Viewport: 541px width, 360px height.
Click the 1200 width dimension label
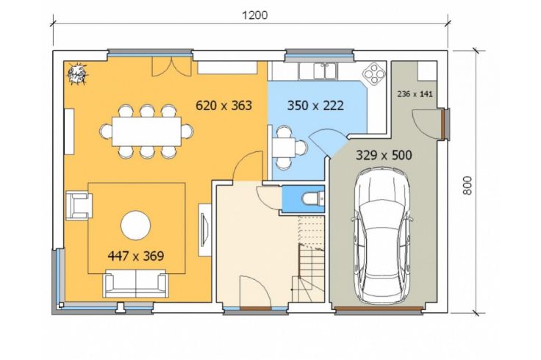pos(254,15)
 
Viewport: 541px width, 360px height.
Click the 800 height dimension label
pos(467,185)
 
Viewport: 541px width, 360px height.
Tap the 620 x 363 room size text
pos(223,105)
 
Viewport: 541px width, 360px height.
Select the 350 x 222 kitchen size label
pos(315,105)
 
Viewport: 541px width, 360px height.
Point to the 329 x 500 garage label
pos(384,155)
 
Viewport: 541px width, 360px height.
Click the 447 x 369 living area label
pos(135,256)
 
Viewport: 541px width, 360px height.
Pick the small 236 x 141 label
pos(415,94)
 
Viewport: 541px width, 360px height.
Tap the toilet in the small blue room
pos(312,198)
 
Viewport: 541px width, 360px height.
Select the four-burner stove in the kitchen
pos(373,73)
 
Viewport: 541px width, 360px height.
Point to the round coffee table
pos(135,225)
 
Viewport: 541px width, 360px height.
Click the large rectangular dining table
pos(146,132)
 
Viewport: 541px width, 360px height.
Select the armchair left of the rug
pos(79,206)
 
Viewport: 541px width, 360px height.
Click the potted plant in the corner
pos(77,73)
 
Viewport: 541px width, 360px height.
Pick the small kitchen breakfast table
pos(284,148)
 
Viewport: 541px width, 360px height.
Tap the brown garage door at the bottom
pos(379,309)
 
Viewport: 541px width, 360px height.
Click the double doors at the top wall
pos(172,67)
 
